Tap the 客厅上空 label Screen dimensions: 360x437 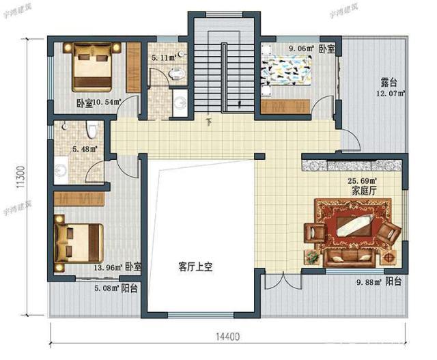tap(195, 266)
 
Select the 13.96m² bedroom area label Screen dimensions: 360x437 tap(108, 267)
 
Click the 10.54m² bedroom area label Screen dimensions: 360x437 tap(106, 102)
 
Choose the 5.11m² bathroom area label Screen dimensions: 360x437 tap(162, 58)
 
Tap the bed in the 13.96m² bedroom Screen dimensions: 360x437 tap(78, 243)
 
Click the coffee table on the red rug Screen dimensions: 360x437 tap(355, 227)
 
